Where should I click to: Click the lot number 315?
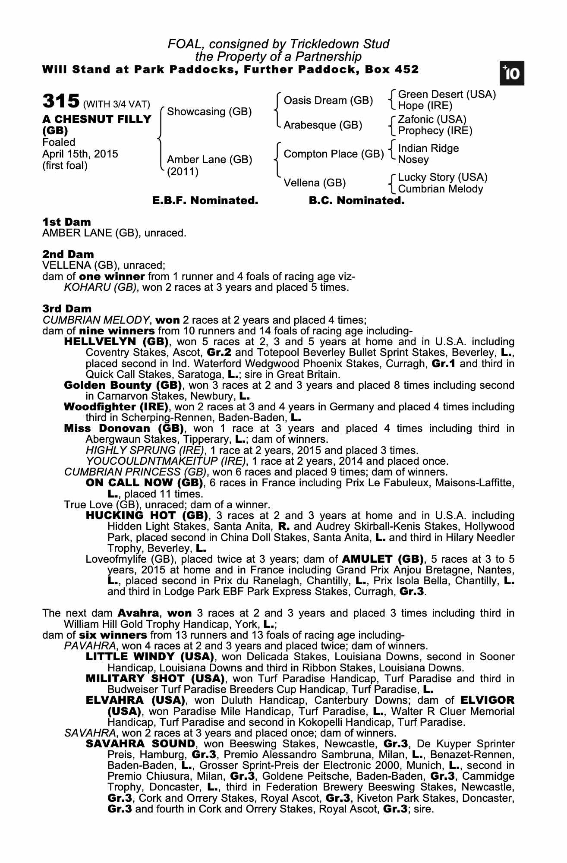(61, 102)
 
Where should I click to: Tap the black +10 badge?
(512, 74)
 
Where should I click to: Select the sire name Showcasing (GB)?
(209, 112)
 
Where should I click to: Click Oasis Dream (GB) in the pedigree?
(328, 101)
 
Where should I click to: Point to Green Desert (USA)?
(447, 94)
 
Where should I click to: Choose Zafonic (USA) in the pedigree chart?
(432, 119)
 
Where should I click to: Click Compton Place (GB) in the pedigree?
(334, 154)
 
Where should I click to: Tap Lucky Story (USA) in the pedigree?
(442, 177)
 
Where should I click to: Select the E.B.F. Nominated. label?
(205, 201)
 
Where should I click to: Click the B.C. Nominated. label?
(357, 201)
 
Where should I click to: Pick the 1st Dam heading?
(66, 222)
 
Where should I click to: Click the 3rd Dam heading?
(67, 309)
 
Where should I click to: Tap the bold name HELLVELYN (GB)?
(116, 342)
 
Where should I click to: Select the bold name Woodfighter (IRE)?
(116, 407)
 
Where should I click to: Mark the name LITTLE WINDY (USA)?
(150, 657)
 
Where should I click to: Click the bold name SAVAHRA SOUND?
(141, 744)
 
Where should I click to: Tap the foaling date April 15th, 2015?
(80, 154)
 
